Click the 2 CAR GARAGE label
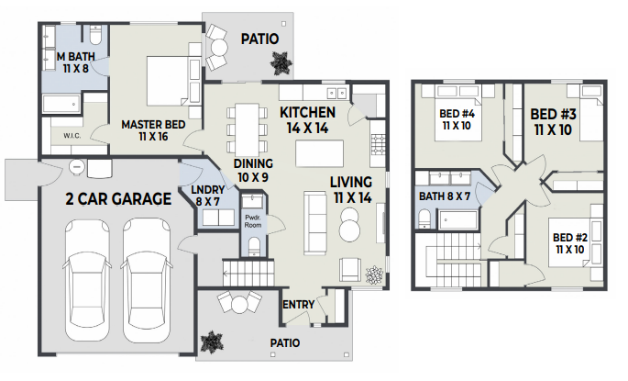[118, 199]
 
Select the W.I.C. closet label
[72, 136]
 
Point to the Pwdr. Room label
[253, 222]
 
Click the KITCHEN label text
[308, 113]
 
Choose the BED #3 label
[553, 114]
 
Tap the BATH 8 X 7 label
[445, 196]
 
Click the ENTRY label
[298, 305]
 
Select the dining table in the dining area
[247, 130]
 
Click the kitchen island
[320, 153]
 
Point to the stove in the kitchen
[378, 144]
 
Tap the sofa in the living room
[315, 223]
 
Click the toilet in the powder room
[254, 246]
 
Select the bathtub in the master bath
[61, 105]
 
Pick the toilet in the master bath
[96, 35]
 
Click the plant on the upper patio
[280, 63]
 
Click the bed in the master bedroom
[168, 81]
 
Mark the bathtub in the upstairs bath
[458, 220]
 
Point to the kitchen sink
[336, 93]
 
